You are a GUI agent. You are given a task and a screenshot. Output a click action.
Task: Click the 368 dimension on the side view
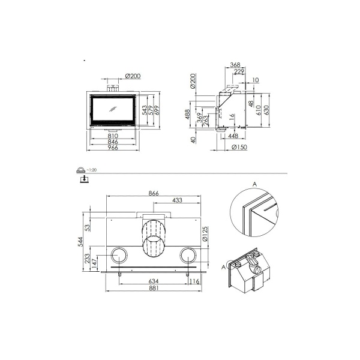(x=235, y=65)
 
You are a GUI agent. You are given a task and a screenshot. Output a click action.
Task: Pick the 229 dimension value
(x=239, y=71)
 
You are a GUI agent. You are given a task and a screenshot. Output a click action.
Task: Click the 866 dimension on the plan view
(x=154, y=194)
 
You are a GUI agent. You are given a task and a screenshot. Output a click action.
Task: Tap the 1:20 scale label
(x=91, y=170)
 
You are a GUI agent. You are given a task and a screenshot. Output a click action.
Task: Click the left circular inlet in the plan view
(x=118, y=254)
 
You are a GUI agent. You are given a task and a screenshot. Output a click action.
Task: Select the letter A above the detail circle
(x=254, y=184)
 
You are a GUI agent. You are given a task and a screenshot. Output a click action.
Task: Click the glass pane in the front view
(x=113, y=110)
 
